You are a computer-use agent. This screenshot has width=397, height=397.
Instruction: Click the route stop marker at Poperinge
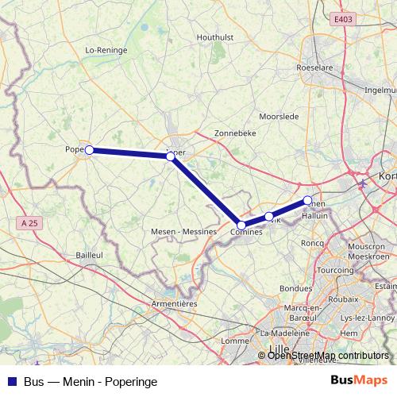(90, 149)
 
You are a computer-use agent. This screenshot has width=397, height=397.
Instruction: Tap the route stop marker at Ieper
(171, 156)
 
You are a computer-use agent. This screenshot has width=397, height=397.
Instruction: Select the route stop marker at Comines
(241, 225)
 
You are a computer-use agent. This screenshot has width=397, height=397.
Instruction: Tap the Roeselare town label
(313, 68)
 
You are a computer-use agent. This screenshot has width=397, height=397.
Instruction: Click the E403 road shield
(343, 19)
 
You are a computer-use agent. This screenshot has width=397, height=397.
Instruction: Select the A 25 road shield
(28, 224)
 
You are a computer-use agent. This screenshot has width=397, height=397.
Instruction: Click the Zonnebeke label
(235, 133)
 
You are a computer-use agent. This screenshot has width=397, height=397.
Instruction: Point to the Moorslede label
(279, 116)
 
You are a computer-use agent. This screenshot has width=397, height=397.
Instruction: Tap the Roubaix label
(344, 302)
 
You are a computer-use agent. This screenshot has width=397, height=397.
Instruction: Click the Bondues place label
(295, 288)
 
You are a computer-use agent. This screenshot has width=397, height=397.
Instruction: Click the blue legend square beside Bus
(12, 382)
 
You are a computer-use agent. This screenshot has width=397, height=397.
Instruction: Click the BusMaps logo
(360, 381)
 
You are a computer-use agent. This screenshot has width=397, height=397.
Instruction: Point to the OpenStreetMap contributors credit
(328, 356)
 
